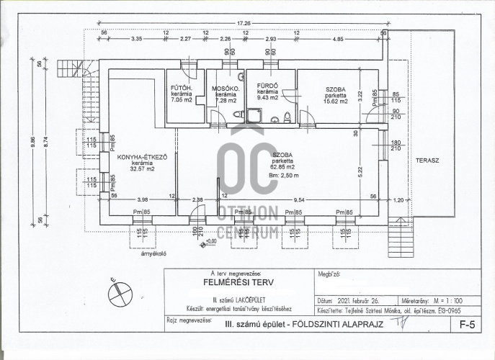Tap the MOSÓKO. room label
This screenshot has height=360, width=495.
tap(225, 88)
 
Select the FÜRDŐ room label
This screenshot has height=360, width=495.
tap(268, 86)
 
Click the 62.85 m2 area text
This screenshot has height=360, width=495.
tap(282, 167)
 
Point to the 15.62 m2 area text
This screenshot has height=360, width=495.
tap(334, 102)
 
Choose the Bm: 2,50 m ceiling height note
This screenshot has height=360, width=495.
tap(283, 176)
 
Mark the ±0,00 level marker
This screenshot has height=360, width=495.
tap(210, 241)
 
